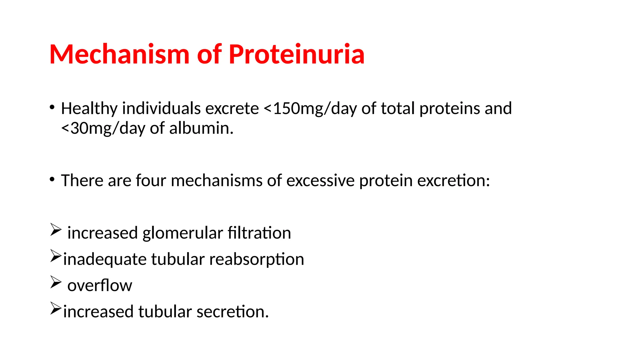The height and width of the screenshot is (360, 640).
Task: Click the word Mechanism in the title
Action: pyautogui.click(x=119, y=54)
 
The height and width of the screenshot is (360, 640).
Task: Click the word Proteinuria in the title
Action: pyautogui.click(x=296, y=54)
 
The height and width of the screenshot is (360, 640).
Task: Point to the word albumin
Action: pyautogui.click(x=201, y=128)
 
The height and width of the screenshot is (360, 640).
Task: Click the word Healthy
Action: pyautogui.click(x=89, y=108)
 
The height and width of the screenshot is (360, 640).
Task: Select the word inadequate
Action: pyautogui.click(x=105, y=259)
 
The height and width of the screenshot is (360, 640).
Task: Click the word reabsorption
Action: pyautogui.click(x=256, y=259)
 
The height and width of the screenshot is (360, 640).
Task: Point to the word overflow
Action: pyautogui.click(x=100, y=285)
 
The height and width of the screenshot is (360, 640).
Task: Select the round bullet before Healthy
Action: pyautogui.click(x=52, y=107)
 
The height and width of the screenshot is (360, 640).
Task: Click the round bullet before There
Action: pyautogui.click(x=52, y=180)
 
